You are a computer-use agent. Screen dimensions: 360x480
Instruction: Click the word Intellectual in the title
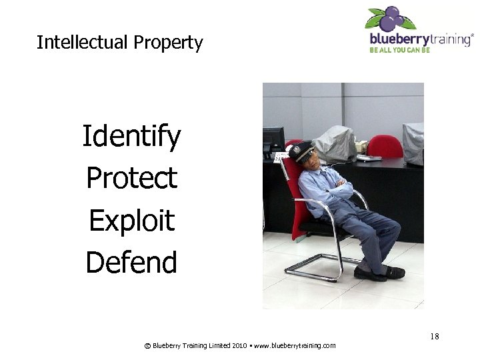coord(83,43)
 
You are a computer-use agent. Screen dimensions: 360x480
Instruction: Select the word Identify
coord(131,137)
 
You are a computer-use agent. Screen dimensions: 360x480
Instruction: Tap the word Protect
coord(131,178)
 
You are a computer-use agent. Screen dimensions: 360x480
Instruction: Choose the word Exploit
coord(131,220)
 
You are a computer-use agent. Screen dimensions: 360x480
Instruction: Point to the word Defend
coord(131,262)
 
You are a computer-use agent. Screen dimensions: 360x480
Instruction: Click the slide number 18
coord(435,337)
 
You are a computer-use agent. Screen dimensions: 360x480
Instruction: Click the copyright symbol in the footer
coord(147,345)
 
